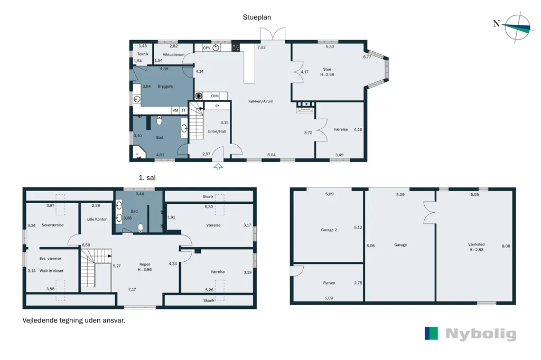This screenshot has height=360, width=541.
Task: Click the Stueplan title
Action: click(x=257, y=17)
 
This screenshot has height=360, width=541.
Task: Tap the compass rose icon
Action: click(x=517, y=27)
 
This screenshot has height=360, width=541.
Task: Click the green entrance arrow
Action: click(x=218, y=167)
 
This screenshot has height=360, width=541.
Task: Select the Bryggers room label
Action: click(x=165, y=86)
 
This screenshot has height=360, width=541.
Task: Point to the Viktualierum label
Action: click(x=173, y=54)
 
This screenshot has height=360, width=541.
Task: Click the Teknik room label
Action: click(x=143, y=54)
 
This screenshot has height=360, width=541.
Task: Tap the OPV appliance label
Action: click(x=207, y=48)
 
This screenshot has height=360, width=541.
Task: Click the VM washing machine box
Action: click(x=175, y=110)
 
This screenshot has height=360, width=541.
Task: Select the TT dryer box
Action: click(x=183, y=110)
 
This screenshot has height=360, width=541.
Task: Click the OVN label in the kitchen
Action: click(x=215, y=96)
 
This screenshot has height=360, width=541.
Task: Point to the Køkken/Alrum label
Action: click(x=261, y=101)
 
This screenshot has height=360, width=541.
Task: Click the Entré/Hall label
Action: click(x=217, y=131)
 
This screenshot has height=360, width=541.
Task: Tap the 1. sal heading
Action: click(x=147, y=177)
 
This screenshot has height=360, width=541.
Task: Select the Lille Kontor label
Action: click(x=97, y=219)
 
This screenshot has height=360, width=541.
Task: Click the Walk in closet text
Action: click(x=51, y=271)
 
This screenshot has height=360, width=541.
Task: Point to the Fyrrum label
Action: click(x=329, y=283)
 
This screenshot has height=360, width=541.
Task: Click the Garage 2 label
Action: click(x=329, y=230)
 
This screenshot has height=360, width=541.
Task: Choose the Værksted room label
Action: click(x=477, y=244)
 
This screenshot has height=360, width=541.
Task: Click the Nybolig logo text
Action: click(x=481, y=334)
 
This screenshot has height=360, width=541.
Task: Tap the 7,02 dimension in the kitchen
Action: click(x=262, y=47)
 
